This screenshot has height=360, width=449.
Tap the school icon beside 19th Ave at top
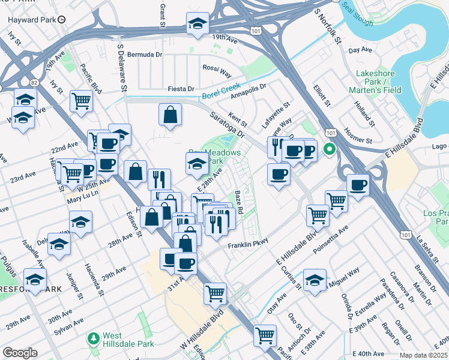198,23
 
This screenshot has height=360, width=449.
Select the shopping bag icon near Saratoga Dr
170,116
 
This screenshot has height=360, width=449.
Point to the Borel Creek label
220,91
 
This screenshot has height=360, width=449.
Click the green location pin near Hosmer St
329,149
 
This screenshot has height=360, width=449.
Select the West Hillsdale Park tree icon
93,340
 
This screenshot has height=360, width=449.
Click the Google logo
20,353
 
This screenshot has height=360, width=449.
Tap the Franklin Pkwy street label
246,246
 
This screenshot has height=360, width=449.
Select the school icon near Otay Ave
315,281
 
